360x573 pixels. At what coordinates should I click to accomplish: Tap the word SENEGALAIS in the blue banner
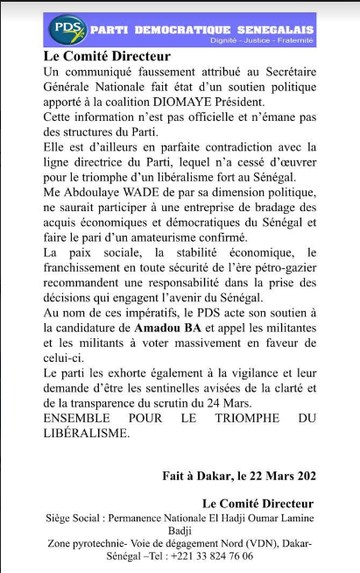[272, 29]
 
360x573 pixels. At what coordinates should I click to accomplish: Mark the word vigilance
[235, 371]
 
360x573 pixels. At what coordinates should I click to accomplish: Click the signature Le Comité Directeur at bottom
[257, 504]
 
